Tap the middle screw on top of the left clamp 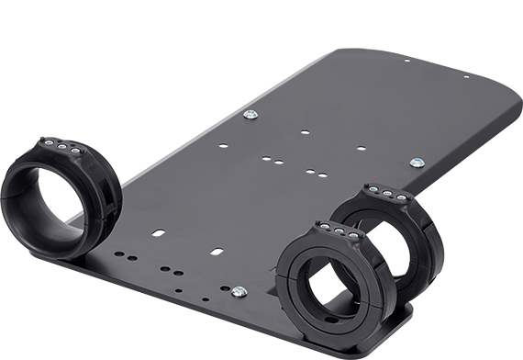pyautogui.click(x=61, y=145)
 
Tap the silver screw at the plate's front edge pyautogui.click(x=239, y=292)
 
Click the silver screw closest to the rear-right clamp pyautogui.click(x=417, y=163)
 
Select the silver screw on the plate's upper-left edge pyautogui.click(x=250, y=115)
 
